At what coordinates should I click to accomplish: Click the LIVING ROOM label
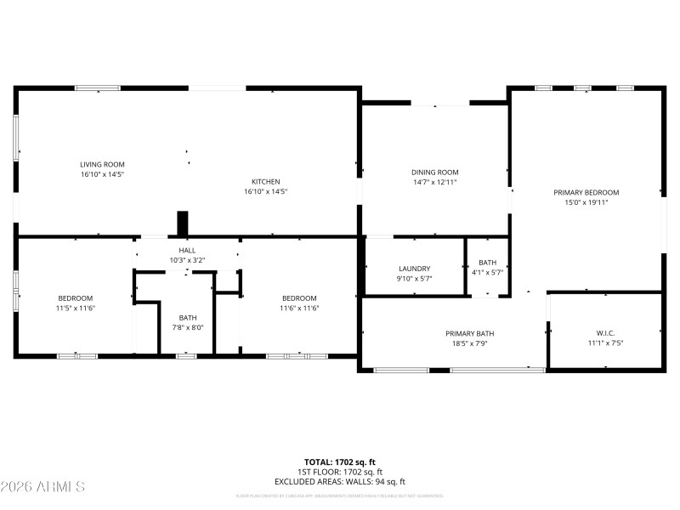[102, 164]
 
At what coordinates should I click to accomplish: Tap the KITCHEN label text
[265, 181]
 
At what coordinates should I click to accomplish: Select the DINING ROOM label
[435, 172]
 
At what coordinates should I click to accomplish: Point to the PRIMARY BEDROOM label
[586, 192]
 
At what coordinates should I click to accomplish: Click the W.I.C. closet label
[605, 332]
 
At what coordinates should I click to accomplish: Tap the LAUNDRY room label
[415, 268]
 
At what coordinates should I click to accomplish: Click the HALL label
[188, 250]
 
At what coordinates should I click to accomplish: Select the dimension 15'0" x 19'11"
[586, 202]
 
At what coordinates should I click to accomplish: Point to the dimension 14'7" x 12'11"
[435, 182]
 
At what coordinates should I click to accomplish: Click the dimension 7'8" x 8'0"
[188, 327]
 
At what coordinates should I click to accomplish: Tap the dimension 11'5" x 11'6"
[76, 308]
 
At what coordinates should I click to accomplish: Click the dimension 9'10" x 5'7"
[415, 278]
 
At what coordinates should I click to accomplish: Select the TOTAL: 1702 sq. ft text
[340, 462]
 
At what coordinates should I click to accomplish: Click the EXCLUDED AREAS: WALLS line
[340, 481]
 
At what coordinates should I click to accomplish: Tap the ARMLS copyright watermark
[42, 487]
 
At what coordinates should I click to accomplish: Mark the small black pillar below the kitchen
[182, 224]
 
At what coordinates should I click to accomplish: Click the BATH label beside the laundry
[487, 263]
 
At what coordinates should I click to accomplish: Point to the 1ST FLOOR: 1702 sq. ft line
[340, 472]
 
